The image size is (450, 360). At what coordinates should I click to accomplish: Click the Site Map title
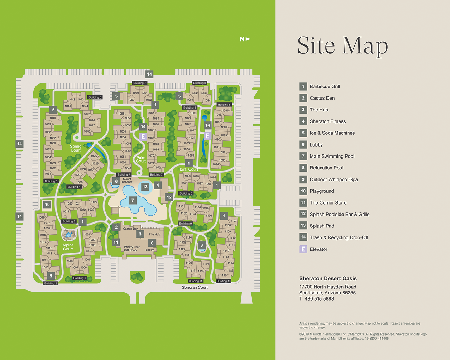(343, 45)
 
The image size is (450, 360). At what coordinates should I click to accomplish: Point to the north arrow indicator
(245, 39)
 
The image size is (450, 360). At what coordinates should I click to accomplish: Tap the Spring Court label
(76, 148)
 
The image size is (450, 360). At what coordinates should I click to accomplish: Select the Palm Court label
(141, 159)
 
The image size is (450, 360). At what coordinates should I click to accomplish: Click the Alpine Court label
(68, 247)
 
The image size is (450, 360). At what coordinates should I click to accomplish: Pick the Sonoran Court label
(195, 287)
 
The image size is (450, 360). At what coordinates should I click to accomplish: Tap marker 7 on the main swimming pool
(133, 200)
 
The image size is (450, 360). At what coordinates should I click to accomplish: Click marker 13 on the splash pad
(145, 187)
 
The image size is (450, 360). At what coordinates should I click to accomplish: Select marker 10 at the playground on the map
(47, 205)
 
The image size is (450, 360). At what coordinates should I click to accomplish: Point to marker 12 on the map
(169, 197)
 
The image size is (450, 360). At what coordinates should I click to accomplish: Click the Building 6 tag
(95, 97)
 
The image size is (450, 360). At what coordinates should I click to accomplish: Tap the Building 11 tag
(195, 281)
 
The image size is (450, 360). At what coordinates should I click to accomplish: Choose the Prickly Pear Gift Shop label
(131, 249)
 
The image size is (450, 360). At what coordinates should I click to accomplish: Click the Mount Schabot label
(127, 181)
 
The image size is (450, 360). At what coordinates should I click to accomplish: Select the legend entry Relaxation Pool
(326, 168)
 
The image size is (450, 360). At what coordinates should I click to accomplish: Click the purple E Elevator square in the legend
(303, 249)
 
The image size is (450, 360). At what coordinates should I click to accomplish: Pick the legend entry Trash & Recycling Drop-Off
(339, 237)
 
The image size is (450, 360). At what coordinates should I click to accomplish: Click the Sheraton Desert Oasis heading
(328, 278)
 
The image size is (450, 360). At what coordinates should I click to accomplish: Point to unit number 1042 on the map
(72, 100)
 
